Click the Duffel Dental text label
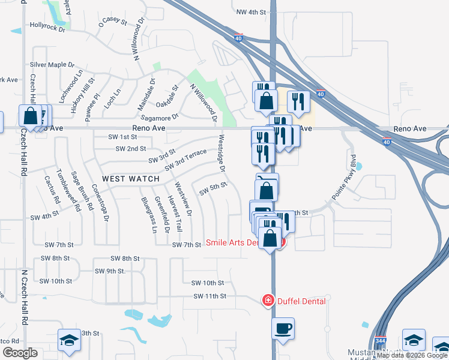click(x=301, y=301)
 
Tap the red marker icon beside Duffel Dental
click(x=268, y=301)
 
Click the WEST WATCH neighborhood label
click(x=131, y=179)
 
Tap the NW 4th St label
click(x=251, y=12)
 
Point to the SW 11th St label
click(x=209, y=296)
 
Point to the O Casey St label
click(x=113, y=22)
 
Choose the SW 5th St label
click(x=212, y=188)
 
